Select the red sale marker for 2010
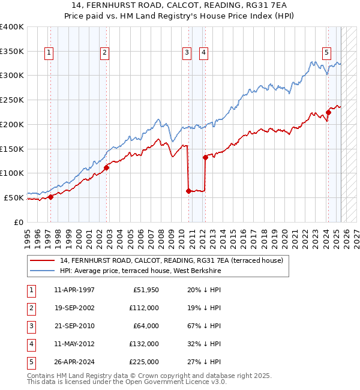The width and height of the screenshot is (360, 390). [188, 191]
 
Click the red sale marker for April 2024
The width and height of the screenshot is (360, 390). [329, 112]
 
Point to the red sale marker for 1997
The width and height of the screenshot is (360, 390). [51, 196]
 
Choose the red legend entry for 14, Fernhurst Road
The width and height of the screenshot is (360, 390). [167, 260]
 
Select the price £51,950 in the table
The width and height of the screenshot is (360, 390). [144, 290]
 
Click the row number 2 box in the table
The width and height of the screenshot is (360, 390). [31, 308]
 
